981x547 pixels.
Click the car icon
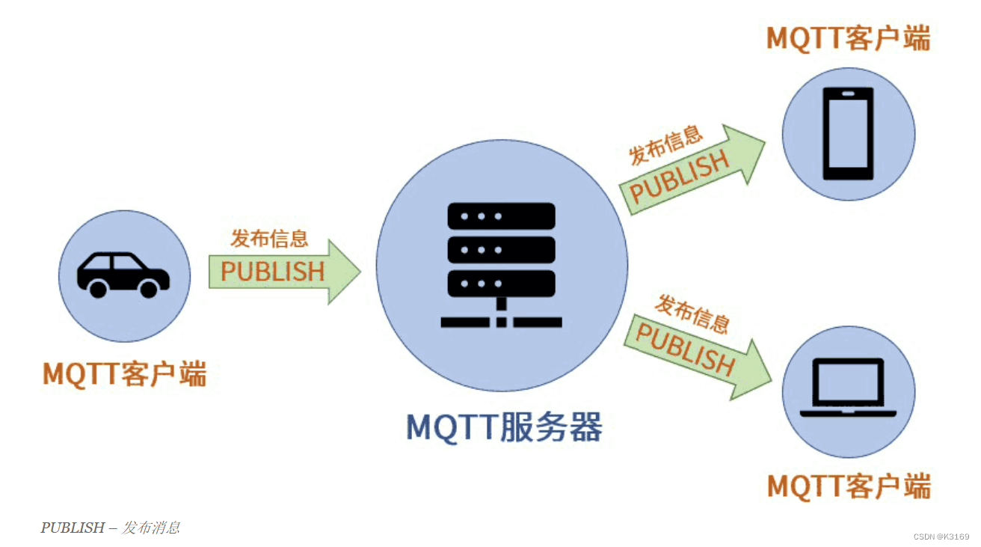pyautogui.click(x=123, y=274)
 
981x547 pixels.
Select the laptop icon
pyautogui.click(x=848, y=388)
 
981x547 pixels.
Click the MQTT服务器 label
pyautogui.click(x=504, y=427)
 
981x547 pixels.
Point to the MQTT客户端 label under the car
pyautogui.click(x=124, y=373)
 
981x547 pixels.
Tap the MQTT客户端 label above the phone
pyautogui.click(x=849, y=37)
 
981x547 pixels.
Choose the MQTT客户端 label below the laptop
pyautogui.click(x=849, y=486)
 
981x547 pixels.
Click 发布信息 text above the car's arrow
pyautogui.click(x=269, y=239)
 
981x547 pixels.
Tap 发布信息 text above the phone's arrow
pyautogui.click(x=665, y=145)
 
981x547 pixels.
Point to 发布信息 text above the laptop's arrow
pyautogui.click(x=692, y=313)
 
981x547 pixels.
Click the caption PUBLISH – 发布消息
pyautogui.click(x=110, y=528)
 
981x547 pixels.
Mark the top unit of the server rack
pyautogui.click(x=501, y=216)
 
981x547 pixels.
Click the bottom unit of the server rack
pyautogui.click(x=501, y=284)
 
